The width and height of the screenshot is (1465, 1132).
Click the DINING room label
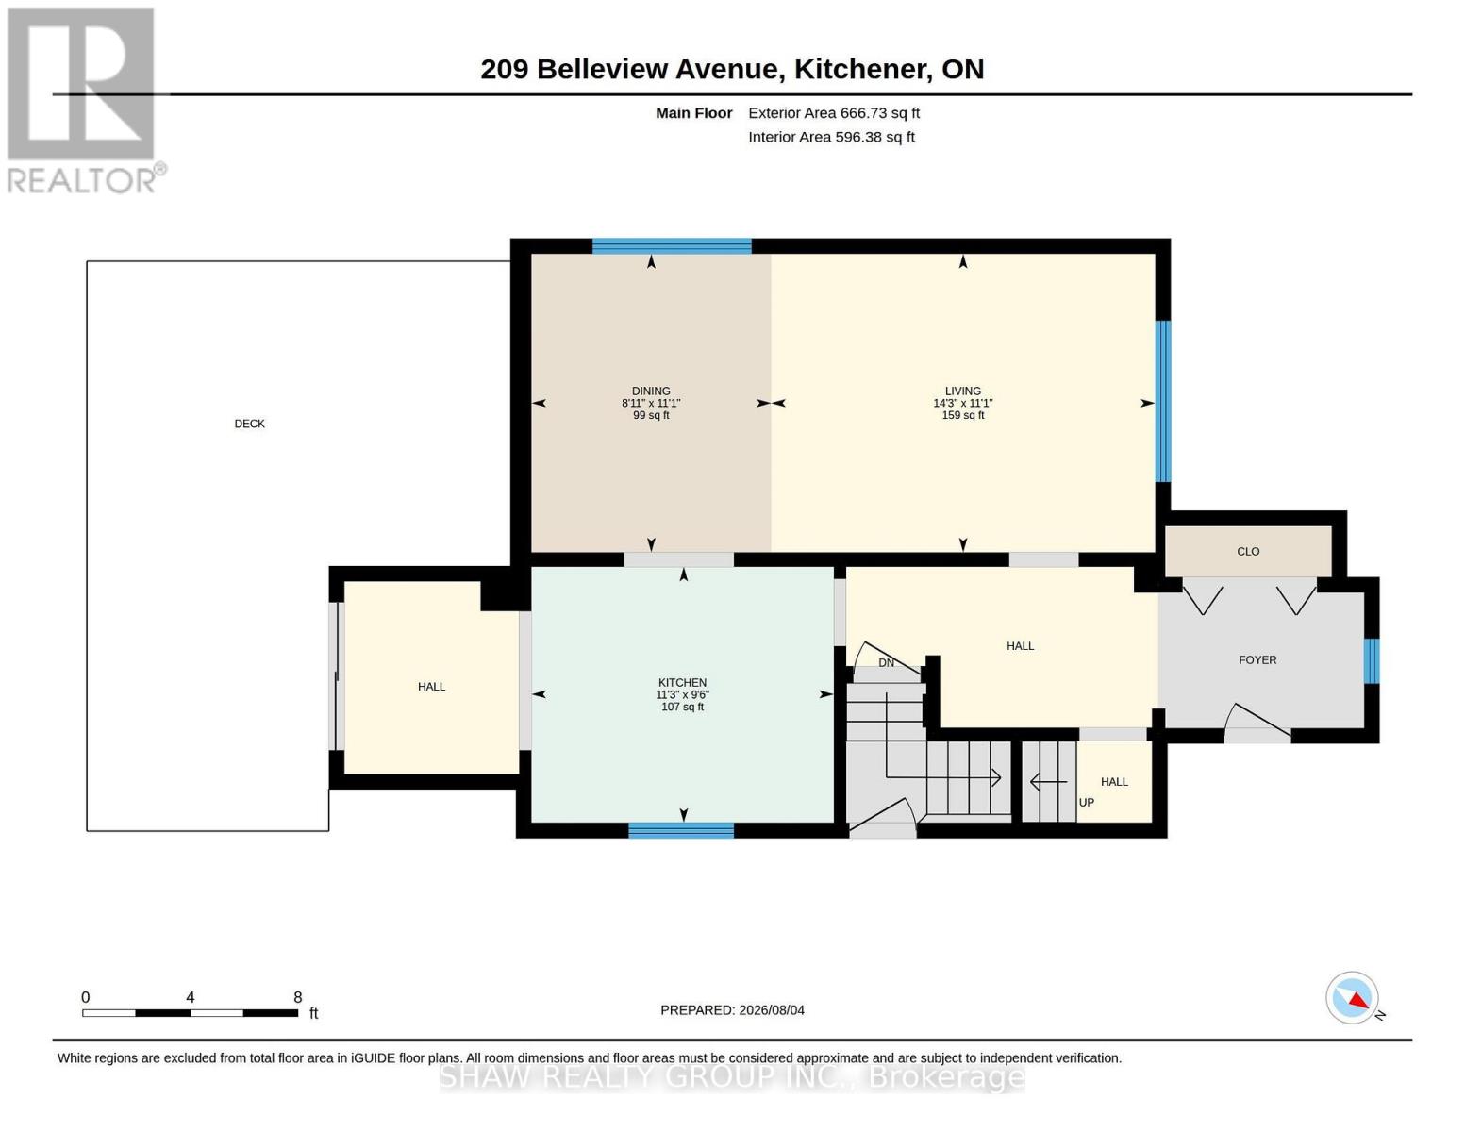[x=651, y=391]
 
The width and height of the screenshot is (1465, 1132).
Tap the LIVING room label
[x=963, y=391]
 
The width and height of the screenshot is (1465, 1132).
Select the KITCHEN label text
[x=682, y=683]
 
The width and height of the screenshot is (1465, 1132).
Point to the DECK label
[x=249, y=424]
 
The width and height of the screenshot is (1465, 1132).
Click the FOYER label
[x=1257, y=660]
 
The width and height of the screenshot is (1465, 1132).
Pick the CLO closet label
[x=1248, y=552]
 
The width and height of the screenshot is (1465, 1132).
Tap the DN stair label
[x=886, y=663]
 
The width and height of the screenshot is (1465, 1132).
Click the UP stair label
[x=1086, y=803]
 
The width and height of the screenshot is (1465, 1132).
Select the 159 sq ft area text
[x=963, y=415]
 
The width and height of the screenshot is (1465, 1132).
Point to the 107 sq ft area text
[x=682, y=707]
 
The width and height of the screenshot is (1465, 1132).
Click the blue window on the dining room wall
[x=672, y=246]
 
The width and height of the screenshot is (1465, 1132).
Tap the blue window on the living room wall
[x=1163, y=401]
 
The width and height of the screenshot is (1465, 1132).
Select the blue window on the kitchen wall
[x=681, y=831]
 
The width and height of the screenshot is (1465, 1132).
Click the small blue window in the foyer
[x=1372, y=661]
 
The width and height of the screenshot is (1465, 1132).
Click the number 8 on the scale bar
[x=297, y=997]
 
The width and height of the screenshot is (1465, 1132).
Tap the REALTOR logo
[x=84, y=101]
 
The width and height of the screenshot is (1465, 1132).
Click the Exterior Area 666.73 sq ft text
[x=834, y=113]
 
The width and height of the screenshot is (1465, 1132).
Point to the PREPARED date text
[x=732, y=1010]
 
